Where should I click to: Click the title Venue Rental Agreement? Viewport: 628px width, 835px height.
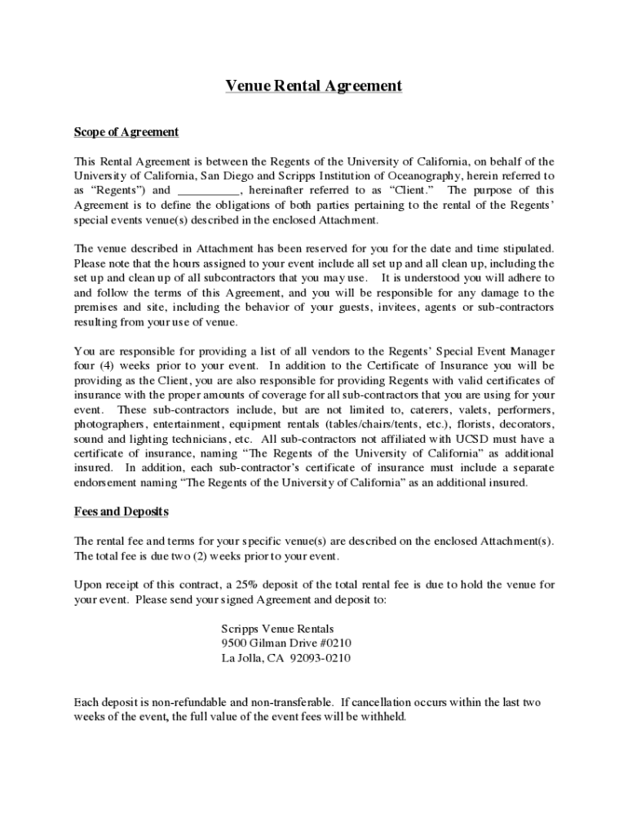tap(314, 86)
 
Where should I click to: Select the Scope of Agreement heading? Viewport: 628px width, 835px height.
tap(126, 132)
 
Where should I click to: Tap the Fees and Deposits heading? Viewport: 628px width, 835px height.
tap(122, 511)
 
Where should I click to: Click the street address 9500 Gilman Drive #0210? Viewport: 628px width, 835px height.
tap(286, 643)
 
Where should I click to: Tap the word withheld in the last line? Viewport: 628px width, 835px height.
tap(381, 717)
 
